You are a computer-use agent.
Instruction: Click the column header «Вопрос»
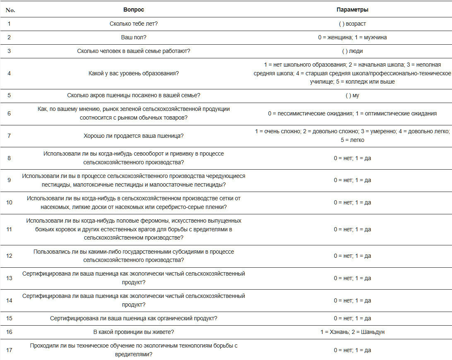pyautogui.click(x=134, y=10)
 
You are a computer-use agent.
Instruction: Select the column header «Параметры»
pyautogui.click(x=352, y=10)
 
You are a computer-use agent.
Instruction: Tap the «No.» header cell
pyautogui.click(x=10, y=10)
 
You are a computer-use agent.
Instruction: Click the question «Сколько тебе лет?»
pyautogui.click(x=134, y=24)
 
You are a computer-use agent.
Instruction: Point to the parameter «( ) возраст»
pyautogui.click(x=352, y=24)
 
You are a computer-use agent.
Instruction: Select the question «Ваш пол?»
pyautogui.click(x=134, y=37)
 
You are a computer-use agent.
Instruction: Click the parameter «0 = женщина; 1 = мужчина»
pyautogui.click(x=352, y=37)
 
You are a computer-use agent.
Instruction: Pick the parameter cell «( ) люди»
pyautogui.click(x=352, y=51)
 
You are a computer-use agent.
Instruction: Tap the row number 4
pyautogui.click(x=9, y=73)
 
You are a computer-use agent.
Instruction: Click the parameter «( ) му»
pyautogui.click(x=352, y=95)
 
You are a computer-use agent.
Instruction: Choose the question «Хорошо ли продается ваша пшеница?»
pyautogui.click(x=134, y=136)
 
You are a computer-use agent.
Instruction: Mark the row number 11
pyautogui.click(x=9, y=229)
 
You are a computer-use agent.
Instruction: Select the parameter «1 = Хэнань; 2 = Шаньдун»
pyautogui.click(x=352, y=332)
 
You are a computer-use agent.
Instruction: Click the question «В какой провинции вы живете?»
pyautogui.click(x=134, y=332)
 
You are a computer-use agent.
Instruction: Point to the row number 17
pyautogui.click(x=9, y=350)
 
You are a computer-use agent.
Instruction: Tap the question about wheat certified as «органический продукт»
pyautogui.click(x=134, y=318)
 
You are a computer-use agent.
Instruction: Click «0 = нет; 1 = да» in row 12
pyautogui.click(x=352, y=256)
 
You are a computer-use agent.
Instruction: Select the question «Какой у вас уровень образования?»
pyautogui.click(x=134, y=73)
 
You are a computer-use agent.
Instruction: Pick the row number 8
pyautogui.click(x=9, y=158)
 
